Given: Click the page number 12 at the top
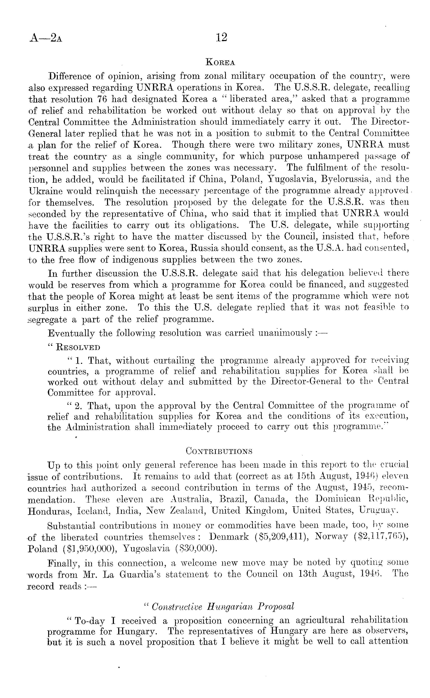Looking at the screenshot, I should tap(221, 37).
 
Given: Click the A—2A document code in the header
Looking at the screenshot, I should tap(45, 38).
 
